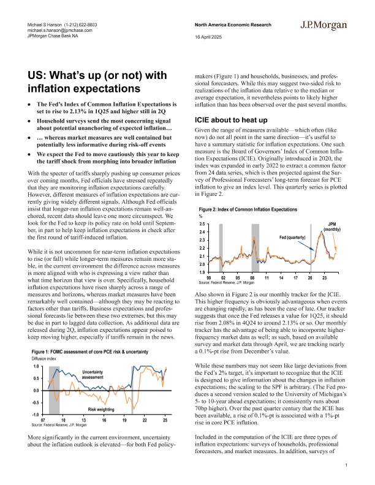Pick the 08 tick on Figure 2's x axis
pyautogui.click(x=252, y=278)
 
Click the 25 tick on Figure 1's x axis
pyautogui.click(x=164, y=421)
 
